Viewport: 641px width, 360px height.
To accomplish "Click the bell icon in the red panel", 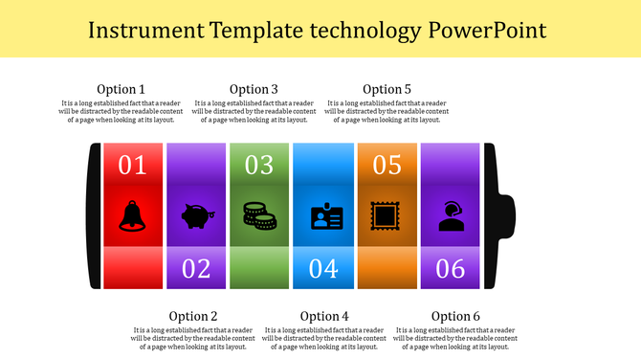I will (132, 215).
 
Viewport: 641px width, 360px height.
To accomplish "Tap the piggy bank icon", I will (196, 216).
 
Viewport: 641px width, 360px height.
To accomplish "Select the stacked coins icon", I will (259, 215).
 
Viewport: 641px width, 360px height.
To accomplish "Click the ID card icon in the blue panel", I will (323, 217).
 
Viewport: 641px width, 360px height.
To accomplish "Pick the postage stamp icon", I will (387, 215).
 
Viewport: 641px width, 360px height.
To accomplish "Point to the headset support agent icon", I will (451, 216).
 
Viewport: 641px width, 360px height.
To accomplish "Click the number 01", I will (132, 165).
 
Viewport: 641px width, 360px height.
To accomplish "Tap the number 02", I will (196, 269).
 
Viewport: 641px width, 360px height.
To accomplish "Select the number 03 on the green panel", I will (259, 165).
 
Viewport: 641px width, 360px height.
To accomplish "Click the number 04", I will (323, 269).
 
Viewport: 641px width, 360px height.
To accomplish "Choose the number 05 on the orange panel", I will (387, 165).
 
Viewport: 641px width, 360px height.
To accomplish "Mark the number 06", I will (451, 269).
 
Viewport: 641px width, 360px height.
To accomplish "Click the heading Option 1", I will (122, 89).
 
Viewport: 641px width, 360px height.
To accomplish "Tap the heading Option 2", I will (193, 316).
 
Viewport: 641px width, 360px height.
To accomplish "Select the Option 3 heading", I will (254, 89).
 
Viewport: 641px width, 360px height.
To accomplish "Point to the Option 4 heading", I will (324, 316).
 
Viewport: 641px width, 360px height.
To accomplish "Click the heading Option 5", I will (387, 89).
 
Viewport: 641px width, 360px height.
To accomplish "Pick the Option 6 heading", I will (455, 316).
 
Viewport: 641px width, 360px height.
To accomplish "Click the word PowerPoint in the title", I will (487, 30).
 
